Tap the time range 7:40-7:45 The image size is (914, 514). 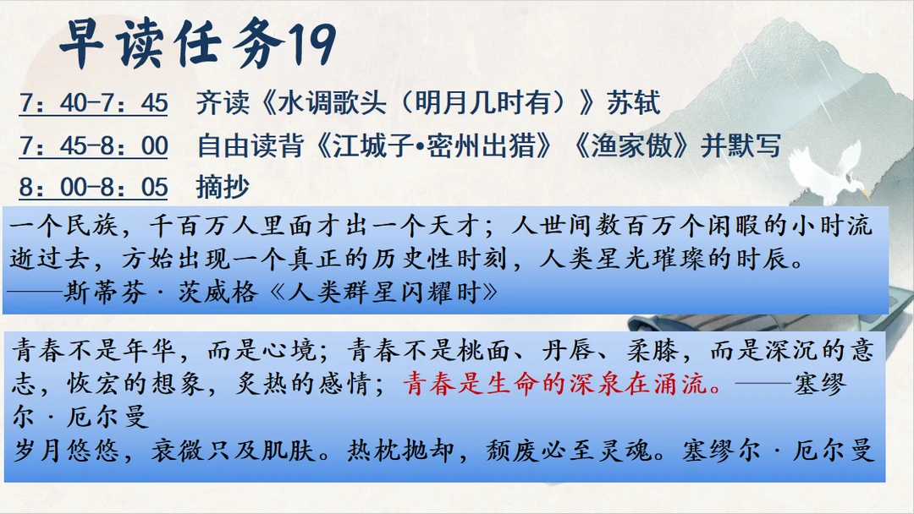click(x=93, y=103)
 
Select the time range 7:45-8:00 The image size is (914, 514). click(x=93, y=145)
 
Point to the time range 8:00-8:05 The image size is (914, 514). click(x=93, y=187)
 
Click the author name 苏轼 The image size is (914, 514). click(x=634, y=103)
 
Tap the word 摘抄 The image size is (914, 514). click(x=223, y=187)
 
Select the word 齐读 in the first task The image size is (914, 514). click(x=223, y=103)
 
